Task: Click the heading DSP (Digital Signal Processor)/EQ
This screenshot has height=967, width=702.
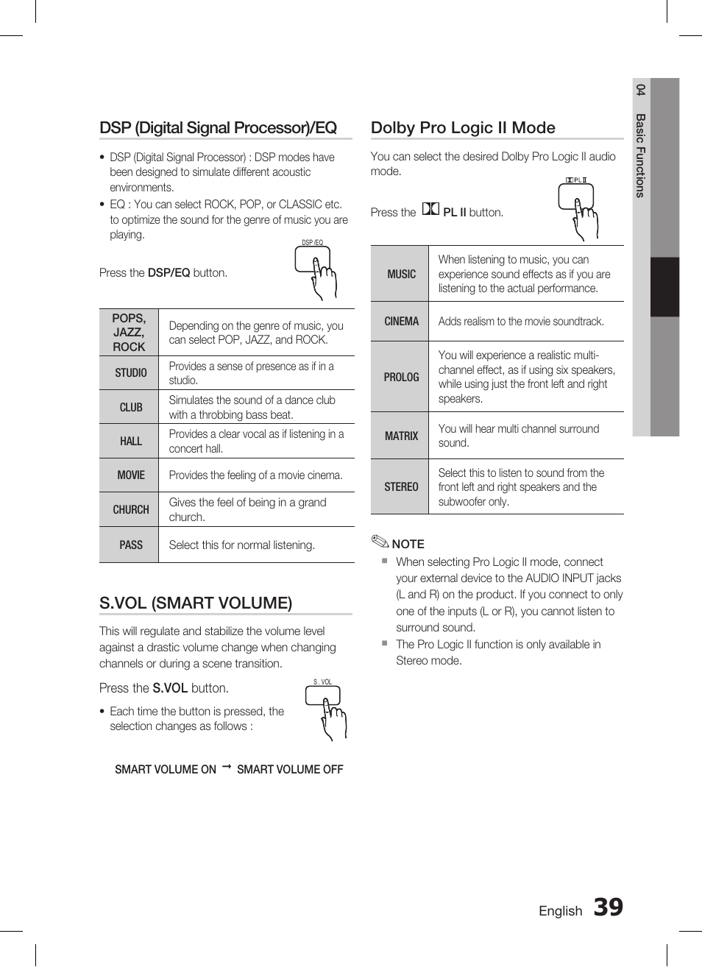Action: (x=218, y=128)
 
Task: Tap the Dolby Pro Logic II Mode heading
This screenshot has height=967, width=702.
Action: (x=463, y=128)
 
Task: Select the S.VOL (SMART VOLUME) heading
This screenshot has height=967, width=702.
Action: (x=196, y=603)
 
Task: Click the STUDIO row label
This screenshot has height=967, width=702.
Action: (x=130, y=373)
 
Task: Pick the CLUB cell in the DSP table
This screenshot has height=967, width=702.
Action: (x=130, y=407)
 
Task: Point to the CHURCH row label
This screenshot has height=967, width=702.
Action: (x=130, y=509)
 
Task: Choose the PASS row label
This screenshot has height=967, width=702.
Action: (x=130, y=545)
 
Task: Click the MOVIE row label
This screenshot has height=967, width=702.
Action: (x=130, y=475)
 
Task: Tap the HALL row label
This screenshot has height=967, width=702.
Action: (x=130, y=441)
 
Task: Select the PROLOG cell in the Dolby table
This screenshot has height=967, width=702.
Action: (x=401, y=377)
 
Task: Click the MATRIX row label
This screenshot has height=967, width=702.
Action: (x=401, y=436)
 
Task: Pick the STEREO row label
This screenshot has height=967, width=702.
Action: (x=401, y=486)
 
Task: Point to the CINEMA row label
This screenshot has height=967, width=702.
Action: (x=401, y=322)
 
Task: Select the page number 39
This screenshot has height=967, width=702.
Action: (x=608, y=907)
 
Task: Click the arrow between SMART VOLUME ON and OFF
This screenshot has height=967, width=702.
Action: (x=227, y=768)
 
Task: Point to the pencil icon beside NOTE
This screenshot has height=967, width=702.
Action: (x=380, y=543)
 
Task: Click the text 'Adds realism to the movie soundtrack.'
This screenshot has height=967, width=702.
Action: (x=521, y=322)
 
